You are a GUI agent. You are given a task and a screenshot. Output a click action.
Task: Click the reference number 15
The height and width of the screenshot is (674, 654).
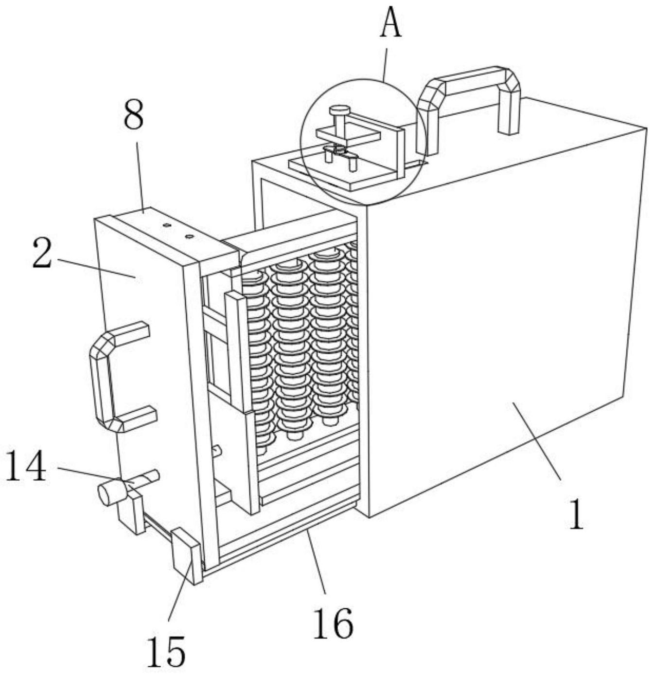pyautogui.click(x=166, y=651)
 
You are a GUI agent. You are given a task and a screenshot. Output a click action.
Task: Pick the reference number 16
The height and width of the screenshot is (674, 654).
pyautogui.click(x=333, y=623)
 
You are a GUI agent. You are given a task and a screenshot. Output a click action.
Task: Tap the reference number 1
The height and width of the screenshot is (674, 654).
pyautogui.click(x=576, y=514)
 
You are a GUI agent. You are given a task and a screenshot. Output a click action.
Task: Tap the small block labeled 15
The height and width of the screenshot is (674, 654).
pyautogui.click(x=186, y=555)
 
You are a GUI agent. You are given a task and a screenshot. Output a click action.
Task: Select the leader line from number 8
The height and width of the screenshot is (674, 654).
pyautogui.click(x=140, y=175)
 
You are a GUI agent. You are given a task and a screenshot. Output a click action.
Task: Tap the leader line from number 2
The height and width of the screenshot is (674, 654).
pyautogui.click(x=95, y=267)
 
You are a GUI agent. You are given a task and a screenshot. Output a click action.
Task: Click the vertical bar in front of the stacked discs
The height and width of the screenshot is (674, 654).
pyautogui.click(x=238, y=350)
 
